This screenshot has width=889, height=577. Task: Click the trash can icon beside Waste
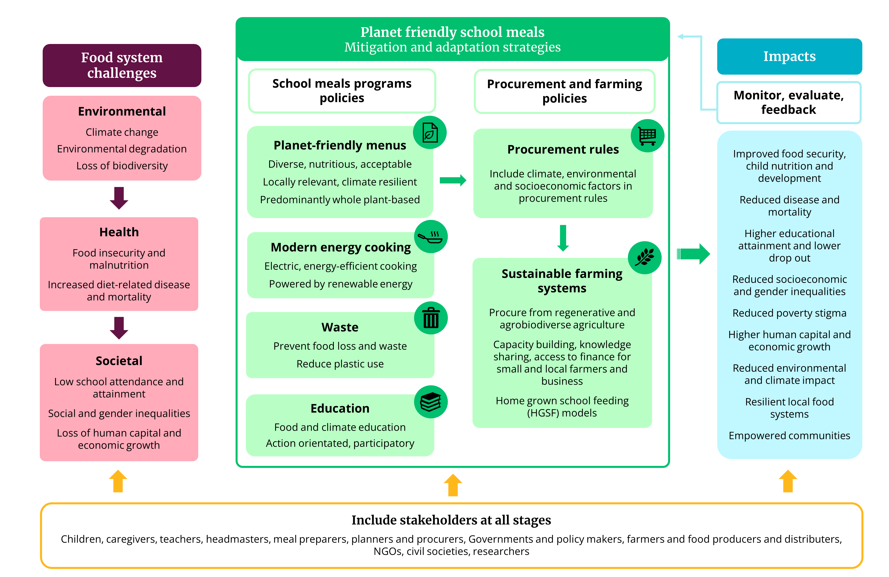[x=431, y=318]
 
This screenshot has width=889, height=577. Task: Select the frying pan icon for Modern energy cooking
[x=431, y=237]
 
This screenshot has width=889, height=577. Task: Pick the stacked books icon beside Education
[x=431, y=402]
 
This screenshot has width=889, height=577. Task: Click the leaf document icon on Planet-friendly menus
[x=430, y=133]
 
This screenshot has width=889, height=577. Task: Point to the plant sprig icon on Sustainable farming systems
[x=645, y=258]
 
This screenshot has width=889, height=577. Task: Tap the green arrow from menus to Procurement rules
[x=453, y=180]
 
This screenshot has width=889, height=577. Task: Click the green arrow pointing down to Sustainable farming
[x=563, y=238]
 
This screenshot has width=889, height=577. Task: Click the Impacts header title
[x=789, y=56]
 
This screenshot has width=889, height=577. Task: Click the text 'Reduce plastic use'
[x=340, y=364]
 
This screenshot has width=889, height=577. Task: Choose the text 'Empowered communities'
[x=789, y=436]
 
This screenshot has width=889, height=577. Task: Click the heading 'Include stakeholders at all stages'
[x=451, y=520]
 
